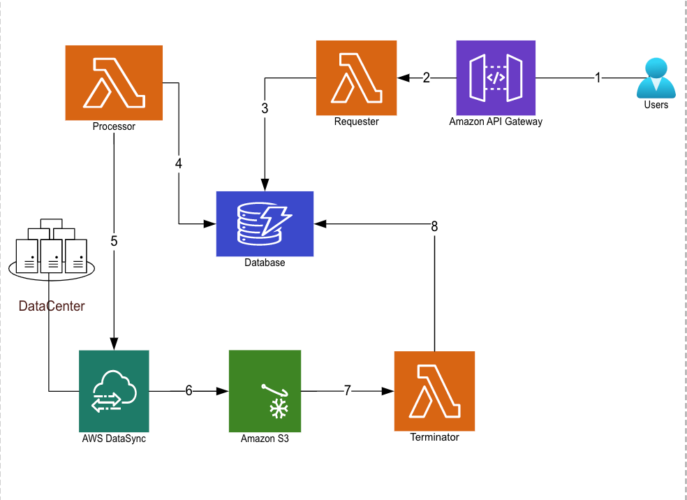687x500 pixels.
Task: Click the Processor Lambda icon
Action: pyautogui.click(x=114, y=82)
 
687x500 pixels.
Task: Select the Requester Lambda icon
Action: pyautogui.click(x=356, y=78)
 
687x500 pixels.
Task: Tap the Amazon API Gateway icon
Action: pyautogui.click(x=496, y=78)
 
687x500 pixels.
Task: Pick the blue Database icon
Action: pyautogui.click(x=265, y=223)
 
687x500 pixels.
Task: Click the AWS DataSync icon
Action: pyautogui.click(x=114, y=391)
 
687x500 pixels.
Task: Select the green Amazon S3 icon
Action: pyautogui.click(x=265, y=391)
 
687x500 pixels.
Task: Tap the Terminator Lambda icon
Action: pyautogui.click(x=434, y=391)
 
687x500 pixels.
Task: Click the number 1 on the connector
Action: pyautogui.click(x=597, y=78)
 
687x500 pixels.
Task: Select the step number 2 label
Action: pyautogui.click(x=426, y=78)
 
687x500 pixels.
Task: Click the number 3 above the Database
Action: pyautogui.click(x=265, y=108)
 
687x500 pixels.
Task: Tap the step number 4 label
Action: pyautogui.click(x=179, y=163)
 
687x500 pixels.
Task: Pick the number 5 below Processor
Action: pyautogui.click(x=114, y=241)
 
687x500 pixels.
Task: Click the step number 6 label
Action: pyautogui.click(x=189, y=391)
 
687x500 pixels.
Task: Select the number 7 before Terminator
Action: pyautogui.click(x=347, y=391)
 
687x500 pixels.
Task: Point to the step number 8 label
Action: pyautogui.click(x=434, y=226)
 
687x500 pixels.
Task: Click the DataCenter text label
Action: pyautogui.click(x=52, y=306)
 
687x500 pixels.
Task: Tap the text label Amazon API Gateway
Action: pyautogui.click(x=496, y=122)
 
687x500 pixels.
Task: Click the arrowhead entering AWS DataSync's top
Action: pyautogui.click(x=114, y=344)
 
